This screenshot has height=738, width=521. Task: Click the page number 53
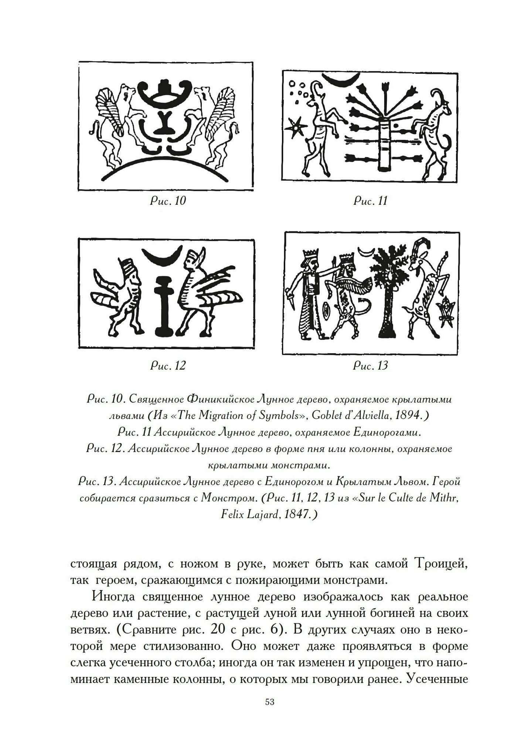(x=270, y=713)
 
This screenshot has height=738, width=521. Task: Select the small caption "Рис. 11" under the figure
(x=371, y=201)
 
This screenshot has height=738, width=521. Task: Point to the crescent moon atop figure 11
(x=341, y=78)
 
